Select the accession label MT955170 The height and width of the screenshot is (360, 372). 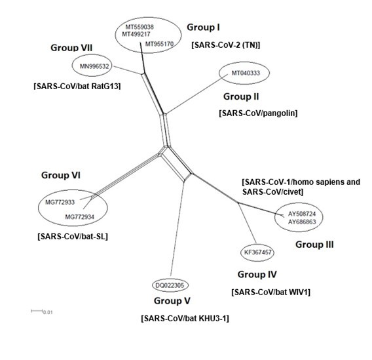coord(160,45)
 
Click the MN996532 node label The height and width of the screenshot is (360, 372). coord(95,66)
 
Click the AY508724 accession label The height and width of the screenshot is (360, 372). coord(302,214)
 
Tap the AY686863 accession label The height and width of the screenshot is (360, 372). coord(302,222)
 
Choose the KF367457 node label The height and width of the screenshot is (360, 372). coord(258,252)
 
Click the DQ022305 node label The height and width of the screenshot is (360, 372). coord(170,285)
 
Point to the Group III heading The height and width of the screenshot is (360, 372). coord(314,244)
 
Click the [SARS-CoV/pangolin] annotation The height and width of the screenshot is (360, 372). coord(258,113)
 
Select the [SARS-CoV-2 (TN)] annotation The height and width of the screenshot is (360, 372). coord(226,45)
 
